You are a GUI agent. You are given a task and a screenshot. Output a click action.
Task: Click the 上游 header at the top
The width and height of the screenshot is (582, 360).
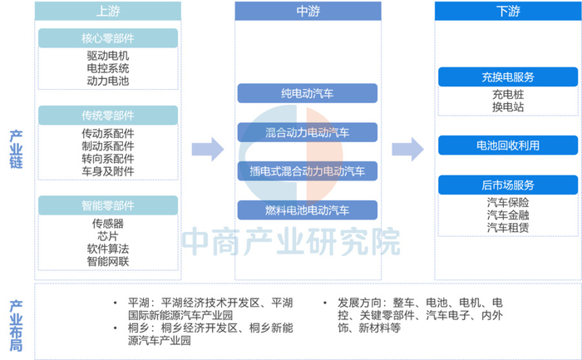108,11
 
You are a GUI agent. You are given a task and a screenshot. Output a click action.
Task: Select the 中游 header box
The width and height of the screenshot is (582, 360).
308,11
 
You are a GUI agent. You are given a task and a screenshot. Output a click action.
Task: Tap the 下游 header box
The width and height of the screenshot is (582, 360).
507,11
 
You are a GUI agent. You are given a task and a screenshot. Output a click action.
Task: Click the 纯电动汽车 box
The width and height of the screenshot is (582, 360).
308,93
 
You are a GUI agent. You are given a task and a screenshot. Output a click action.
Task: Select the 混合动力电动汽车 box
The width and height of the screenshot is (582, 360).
308,132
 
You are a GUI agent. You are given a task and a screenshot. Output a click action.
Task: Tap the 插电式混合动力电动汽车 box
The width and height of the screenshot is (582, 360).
308,171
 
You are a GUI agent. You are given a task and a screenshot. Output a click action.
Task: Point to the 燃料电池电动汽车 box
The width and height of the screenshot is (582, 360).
308,210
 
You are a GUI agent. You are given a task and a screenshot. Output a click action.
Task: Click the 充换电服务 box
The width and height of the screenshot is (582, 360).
507,77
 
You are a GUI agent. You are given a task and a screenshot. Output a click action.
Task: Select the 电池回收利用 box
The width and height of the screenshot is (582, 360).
507,145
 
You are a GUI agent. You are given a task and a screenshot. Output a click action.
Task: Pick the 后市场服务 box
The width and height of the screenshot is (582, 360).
507,185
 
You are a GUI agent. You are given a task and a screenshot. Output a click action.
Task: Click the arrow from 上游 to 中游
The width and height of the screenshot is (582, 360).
207,150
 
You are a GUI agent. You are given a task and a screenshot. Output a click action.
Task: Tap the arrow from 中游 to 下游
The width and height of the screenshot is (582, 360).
407,150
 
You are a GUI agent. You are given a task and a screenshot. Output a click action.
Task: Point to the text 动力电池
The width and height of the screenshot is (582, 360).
108,81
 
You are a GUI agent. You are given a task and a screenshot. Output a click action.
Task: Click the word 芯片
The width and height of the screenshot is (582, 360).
108,236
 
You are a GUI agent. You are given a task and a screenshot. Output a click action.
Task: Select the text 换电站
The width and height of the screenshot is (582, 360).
507,108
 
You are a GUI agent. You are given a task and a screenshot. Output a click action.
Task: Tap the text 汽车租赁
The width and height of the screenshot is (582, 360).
507,228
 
